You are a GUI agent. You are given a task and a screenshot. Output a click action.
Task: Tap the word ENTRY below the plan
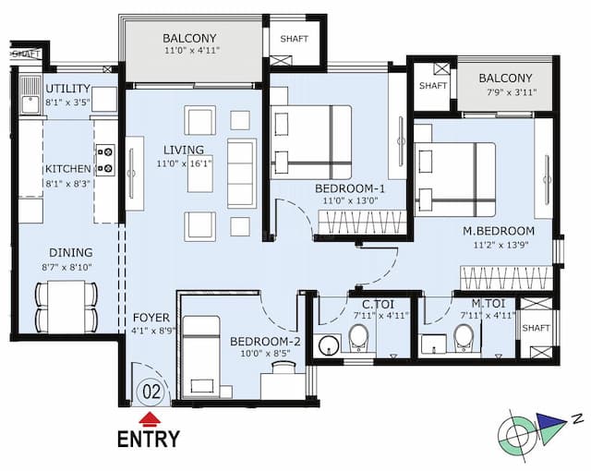pyautogui.click(x=148, y=439)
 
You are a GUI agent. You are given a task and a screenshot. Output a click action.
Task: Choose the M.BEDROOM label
pyautogui.click(x=499, y=230)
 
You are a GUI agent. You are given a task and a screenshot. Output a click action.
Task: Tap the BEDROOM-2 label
pyautogui.click(x=261, y=339)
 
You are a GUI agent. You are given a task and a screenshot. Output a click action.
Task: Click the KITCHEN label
pyautogui.click(x=67, y=169)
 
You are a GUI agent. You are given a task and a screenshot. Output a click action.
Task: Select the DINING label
pyautogui.click(x=71, y=252)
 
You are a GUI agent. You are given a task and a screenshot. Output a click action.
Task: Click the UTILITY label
pyautogui.click(x=69, y=88)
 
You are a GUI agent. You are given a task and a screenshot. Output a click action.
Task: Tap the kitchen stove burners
pyautogui.click(x=104, y=160)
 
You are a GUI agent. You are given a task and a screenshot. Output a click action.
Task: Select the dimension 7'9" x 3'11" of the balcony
pyautogui.click(x=505, y=92)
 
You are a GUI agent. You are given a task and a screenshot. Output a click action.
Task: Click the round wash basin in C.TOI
pyautogui.click(x=329, y=346)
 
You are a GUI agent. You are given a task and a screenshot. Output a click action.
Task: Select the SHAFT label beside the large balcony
pyautogui.click(x=295, y=40)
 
